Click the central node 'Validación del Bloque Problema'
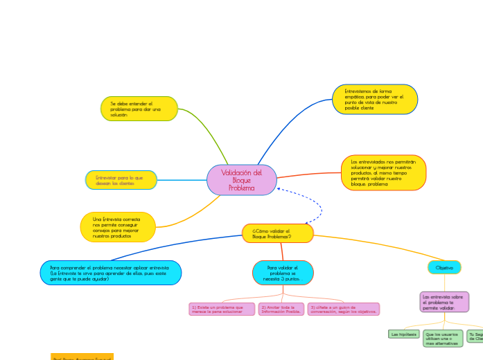click(x=241, y=180)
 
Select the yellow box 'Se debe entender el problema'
click(x=139, y=109)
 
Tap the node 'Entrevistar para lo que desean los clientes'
click(x=121, y=180)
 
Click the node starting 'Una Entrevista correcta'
click(x=118, y=227)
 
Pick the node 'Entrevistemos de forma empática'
click(x=375, y=99)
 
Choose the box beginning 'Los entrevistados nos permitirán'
click(x=383, y=172)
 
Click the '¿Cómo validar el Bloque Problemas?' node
click(x=277, y=233)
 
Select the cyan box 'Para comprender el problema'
click(x=111, y=273)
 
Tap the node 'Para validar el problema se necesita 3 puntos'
click(x=283, y=273)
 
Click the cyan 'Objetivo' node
click(x=444, y=267)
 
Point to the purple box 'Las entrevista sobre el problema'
click(x=444, y=302)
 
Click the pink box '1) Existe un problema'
click(x=222, y=309)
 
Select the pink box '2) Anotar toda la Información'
click(x=281, y=309)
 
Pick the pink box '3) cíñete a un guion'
click(x=344, y=309)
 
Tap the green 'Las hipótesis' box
click(x=404, y=334)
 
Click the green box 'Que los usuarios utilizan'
click(x=443, y=338)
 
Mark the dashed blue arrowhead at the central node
click(x=278, y=188)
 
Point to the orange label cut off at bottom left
click(x=82, y=357)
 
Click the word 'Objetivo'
click(x=444, y=267)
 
